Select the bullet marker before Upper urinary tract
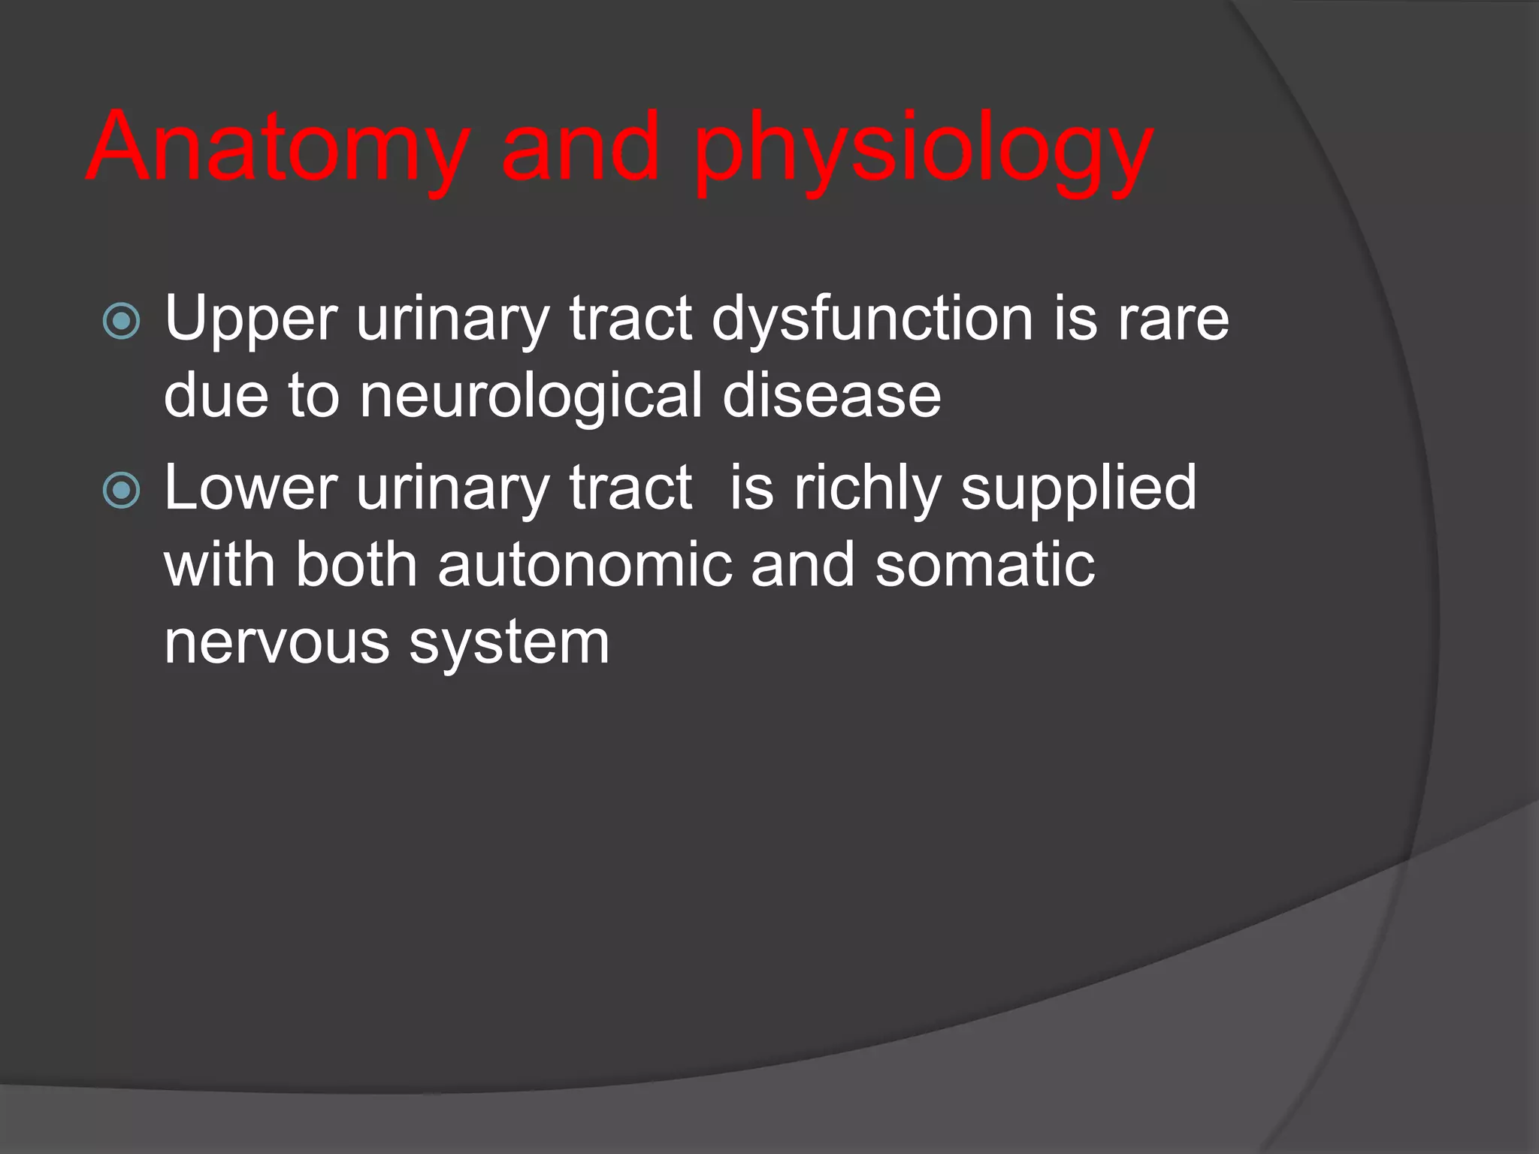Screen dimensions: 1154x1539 (121, 322)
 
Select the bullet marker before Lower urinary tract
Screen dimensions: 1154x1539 (121, 491)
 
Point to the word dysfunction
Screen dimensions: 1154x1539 (872, 319)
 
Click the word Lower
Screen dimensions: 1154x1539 (250, 488)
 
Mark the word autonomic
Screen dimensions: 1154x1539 (585, 565)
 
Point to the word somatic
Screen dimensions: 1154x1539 (984, 565)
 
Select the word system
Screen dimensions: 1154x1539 (509, 645)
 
